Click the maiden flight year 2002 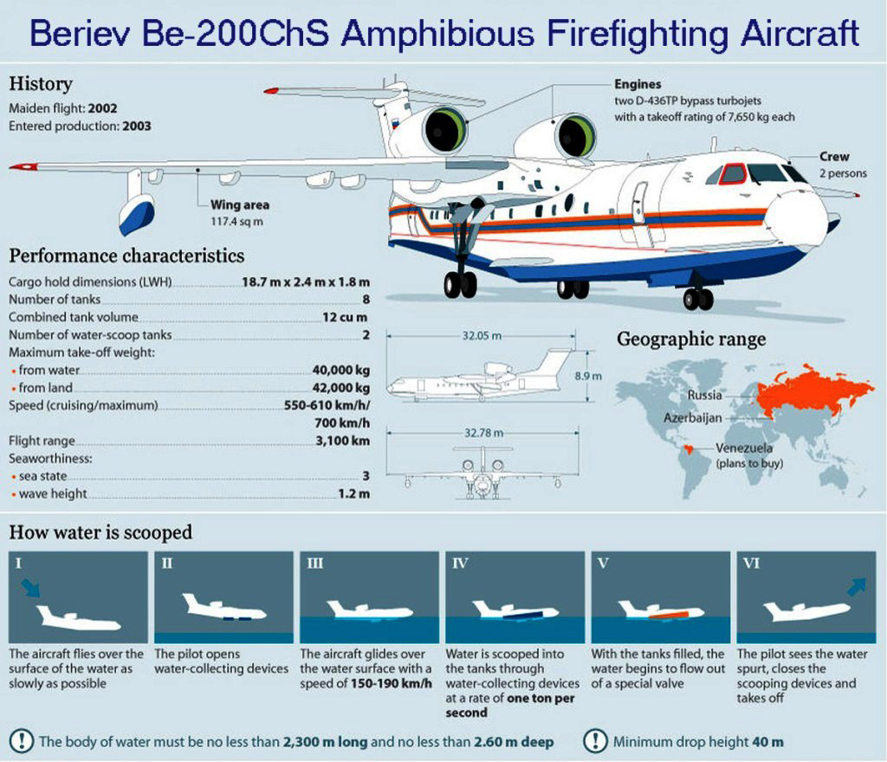(102, 108)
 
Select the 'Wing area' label (240, 204)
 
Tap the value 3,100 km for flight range (343, 441)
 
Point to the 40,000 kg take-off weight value (341, 371)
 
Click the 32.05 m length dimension (482, 336)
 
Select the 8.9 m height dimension (588, 376)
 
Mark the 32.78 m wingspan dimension (483, 433)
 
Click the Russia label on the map (704, 395)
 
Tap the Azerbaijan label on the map (692, 418)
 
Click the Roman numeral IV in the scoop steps (460, 564)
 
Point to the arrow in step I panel (30, 588)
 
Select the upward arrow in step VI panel (857, 587)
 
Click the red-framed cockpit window (734, 173)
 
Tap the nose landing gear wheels (698, 299)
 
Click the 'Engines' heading (638, 84)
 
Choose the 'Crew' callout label (834, 157)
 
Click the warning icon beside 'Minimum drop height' (595, 741)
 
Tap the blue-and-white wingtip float (136, 214)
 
